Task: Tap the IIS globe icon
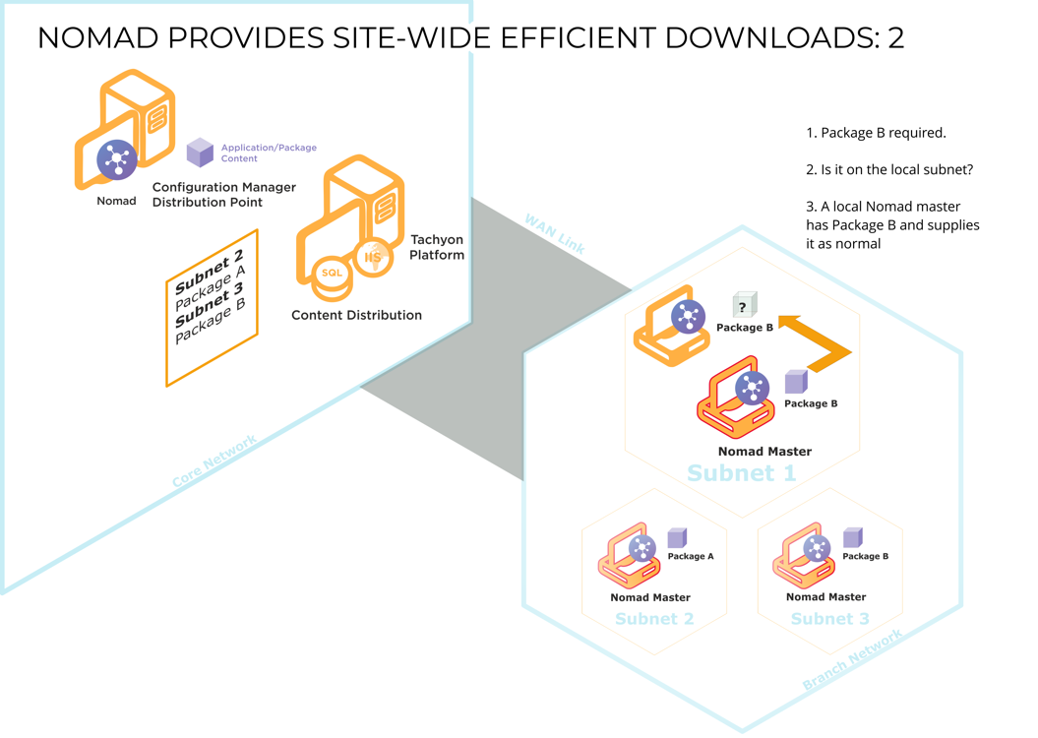pyautogui.click(x=373, y=257)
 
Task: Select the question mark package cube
pyautogui.click(x=744, y=305)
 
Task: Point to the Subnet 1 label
pyautogui.click(x=742, y=473)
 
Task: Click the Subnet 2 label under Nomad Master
pyautogui.click(x=654, y=619)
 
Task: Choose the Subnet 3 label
pyautogui.click(x=829, y=619)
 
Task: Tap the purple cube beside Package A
pyautogui.click(x=677, y=537)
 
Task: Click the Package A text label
pyautogui.click(x=691, y=556)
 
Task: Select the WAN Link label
pyautogui.click(x=555, y=234)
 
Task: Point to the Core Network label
pyautogui.click(x=214, y=461)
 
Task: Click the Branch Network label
pyautogui.click(x=852, y=659)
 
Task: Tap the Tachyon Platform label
pyautogui.click(x=436, y=247)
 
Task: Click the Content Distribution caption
pyautogui.click(x=356, y=315)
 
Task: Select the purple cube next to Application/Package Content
pyautogui.click(x=200, y=153)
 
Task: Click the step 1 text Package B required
pyautogui.click(x=876, y=133)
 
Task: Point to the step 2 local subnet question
pyautogui.click(x=889, y=170)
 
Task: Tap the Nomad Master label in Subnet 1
pyautogui.click(x=764, y=452)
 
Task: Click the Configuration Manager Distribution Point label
pyautogui.click(x=223, y=195)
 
